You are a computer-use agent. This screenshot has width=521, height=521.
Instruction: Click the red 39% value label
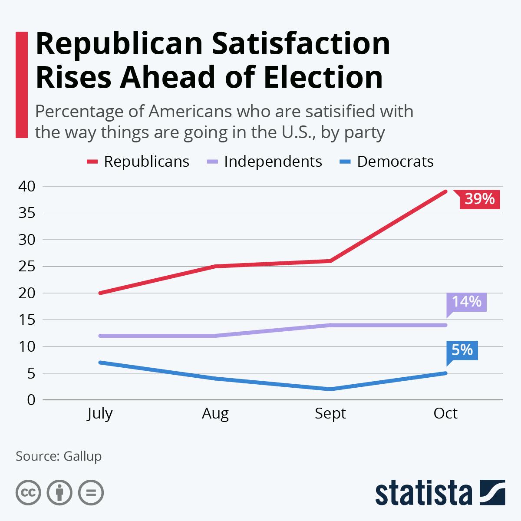point(479,199)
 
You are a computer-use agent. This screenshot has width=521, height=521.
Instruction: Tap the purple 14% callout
point(467,302)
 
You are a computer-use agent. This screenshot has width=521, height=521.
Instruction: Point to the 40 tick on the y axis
point(26,186)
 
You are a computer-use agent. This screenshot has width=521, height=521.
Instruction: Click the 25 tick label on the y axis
point(26,267)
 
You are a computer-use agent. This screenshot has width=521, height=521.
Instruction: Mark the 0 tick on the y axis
point(30,400)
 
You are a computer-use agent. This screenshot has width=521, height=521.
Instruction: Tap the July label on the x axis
point(100,413)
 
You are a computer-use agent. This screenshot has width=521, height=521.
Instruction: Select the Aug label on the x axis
point(215,413)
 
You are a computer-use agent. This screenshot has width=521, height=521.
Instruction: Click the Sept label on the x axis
point(330,413)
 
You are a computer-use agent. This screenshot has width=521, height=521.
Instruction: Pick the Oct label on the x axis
point(445,413)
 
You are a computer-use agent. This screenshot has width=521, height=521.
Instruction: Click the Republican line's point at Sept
point(331,261)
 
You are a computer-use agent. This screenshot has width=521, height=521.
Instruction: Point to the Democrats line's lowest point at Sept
point(331,389)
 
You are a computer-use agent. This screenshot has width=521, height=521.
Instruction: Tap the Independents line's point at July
point(100,336)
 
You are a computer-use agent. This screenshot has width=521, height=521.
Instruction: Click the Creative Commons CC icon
point(28,493)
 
